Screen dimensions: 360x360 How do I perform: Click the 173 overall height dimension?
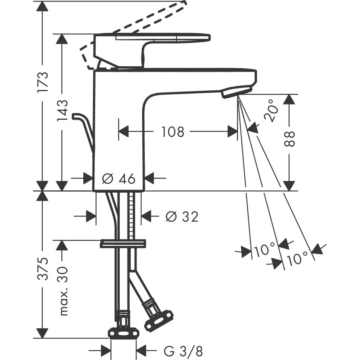click(x=44, y=82)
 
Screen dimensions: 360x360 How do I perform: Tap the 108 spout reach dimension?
click(x=173, y=132)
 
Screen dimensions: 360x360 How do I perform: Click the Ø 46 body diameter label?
click(x=118, y=179)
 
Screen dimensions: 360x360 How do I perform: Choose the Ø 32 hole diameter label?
click(x=182, y=216)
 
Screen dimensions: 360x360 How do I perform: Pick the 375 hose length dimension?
click(x=44, y=269)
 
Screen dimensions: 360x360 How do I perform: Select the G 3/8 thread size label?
click(x=184, y=350)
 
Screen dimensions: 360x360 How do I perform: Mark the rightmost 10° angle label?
click(x=298, y=257)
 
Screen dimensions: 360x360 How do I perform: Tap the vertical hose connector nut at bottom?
click(x=123, y=332)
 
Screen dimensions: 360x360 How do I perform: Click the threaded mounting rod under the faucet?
click(x=131, y=216)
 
